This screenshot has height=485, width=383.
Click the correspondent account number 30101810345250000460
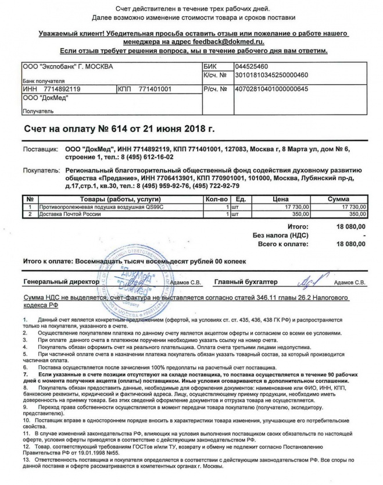click(x=271, y=75)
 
